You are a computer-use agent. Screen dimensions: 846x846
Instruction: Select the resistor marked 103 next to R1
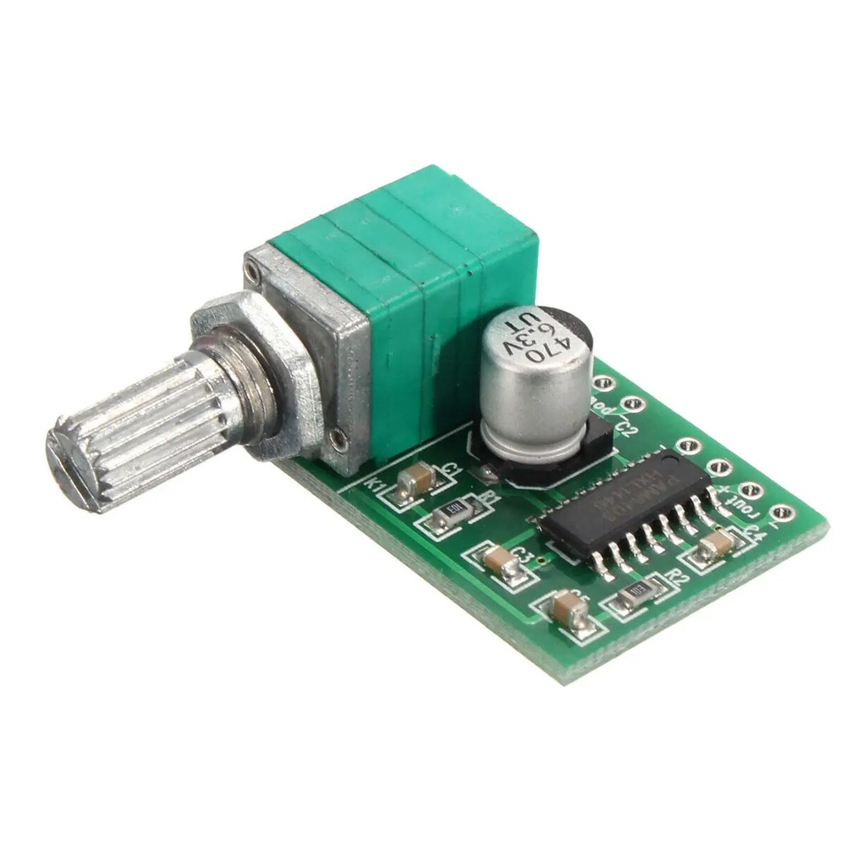[453, 511]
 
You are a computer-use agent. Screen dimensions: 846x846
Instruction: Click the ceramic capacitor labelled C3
[499, 561]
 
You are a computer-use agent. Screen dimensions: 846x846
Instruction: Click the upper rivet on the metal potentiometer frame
[251, 272]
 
